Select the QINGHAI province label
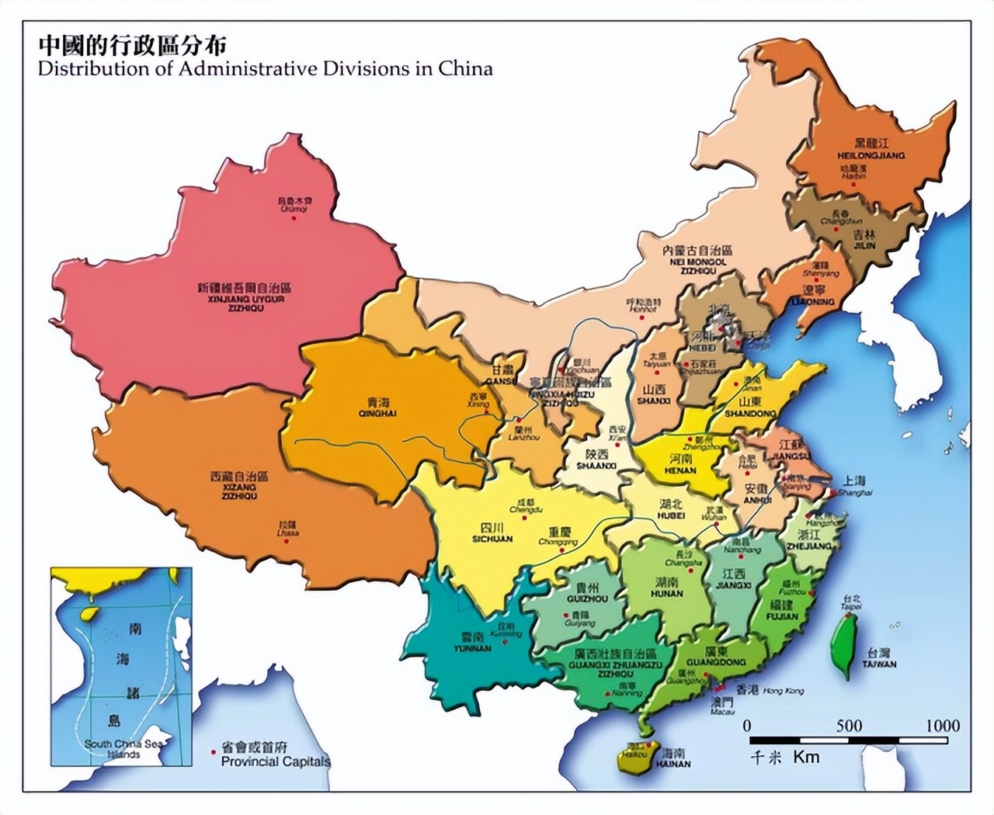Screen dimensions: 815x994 coord(379,414)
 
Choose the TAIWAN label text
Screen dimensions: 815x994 coord(878,664)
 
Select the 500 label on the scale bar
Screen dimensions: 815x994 coord(849,726)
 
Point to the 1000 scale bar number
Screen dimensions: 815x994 coord(943,726)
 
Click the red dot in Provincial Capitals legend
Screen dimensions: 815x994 coord(214,752)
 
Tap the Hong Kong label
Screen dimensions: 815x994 coord(783,690)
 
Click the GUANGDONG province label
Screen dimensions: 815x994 coord(716,663)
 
